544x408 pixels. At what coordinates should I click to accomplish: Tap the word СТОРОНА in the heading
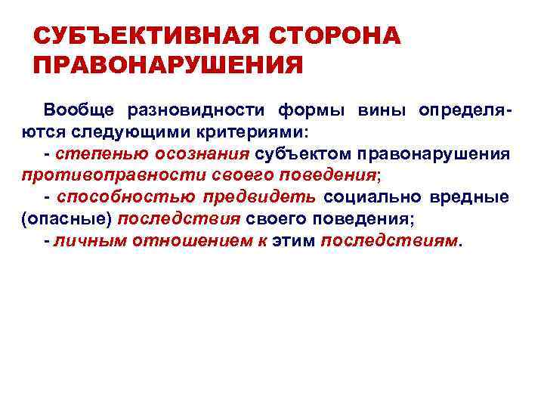pos(333,36)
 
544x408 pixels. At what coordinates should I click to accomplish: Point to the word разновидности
pos(196,110)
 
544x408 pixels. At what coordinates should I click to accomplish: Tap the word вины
pos(382,110)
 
